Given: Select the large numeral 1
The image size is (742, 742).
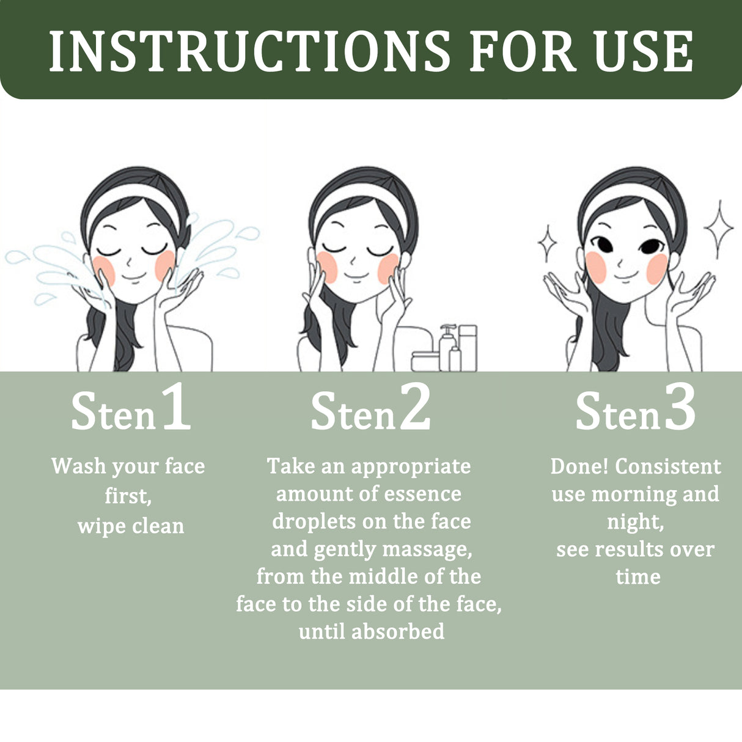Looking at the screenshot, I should click(x=176, y=408).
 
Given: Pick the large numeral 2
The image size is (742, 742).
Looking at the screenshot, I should click(x=416, y=408).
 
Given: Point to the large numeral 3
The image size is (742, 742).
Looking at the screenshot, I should click(x=680, y=408).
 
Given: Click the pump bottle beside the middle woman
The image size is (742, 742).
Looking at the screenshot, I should click(x=447, y=348).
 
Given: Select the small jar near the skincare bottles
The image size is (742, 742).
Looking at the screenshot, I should click(x=425, y=361).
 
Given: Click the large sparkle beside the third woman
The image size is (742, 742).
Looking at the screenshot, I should click(x=718, y=228).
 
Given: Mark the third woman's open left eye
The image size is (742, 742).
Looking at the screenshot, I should click(x=650, y=246).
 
